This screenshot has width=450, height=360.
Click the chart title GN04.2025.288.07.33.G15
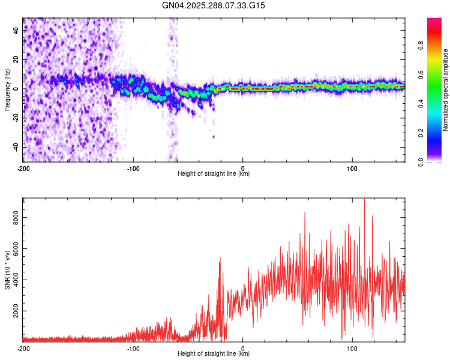click(214, 5)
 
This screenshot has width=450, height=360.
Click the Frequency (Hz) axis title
click(7, 89)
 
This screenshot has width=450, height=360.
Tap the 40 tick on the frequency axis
click(16, 31)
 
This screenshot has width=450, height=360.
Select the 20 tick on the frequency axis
click(16, 60)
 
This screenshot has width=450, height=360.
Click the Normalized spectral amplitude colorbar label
click(446, 90)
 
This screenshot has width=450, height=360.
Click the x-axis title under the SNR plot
click(214, 354)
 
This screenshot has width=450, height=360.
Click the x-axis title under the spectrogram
click(214, 174)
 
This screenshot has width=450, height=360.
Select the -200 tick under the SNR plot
click(23, 349)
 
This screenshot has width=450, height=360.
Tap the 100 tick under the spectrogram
click(352, 169)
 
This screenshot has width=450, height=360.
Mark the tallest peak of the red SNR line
click(364, 200)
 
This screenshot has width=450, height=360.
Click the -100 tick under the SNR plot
click(133, 349)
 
